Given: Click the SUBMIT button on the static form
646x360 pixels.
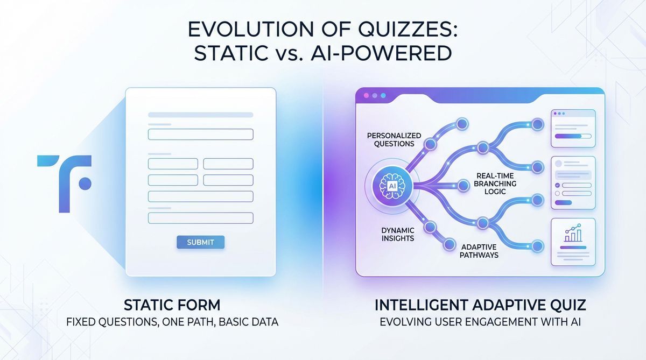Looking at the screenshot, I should point(200,242).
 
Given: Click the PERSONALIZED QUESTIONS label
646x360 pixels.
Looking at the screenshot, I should point(394,140).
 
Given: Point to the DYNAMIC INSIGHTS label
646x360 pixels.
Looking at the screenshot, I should point(397,234).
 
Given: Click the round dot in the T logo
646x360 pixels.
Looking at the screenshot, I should point(85,183).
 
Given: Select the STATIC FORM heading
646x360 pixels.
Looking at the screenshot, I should point(172,305).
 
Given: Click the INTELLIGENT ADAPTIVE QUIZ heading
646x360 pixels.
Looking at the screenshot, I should point(480,305).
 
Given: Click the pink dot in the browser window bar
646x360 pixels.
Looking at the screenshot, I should point(367,95).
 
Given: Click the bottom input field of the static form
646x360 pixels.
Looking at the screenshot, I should point(200,218).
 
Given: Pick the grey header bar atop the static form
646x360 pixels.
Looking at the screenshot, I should point(200,115).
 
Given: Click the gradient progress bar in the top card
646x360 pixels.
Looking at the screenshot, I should point(571,138).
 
